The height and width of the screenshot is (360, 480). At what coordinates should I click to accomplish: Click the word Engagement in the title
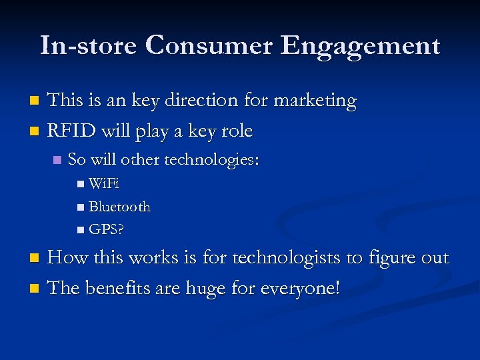point(360,47)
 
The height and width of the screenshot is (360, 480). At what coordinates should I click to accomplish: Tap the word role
point(236,131)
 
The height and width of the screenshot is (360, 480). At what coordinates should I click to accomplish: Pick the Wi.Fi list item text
point(103,184)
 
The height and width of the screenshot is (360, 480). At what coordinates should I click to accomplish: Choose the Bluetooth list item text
point(119,207)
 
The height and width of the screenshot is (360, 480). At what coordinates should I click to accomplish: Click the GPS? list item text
point(107,230)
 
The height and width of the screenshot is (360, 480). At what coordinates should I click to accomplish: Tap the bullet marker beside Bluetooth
point(81,207)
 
